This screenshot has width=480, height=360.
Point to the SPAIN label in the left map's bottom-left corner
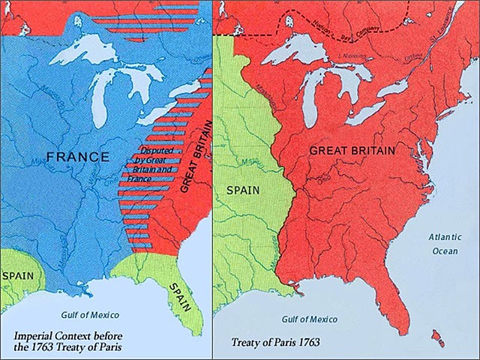(x=17, y=275)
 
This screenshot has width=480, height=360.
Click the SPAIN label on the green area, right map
(x=243, y=190)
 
